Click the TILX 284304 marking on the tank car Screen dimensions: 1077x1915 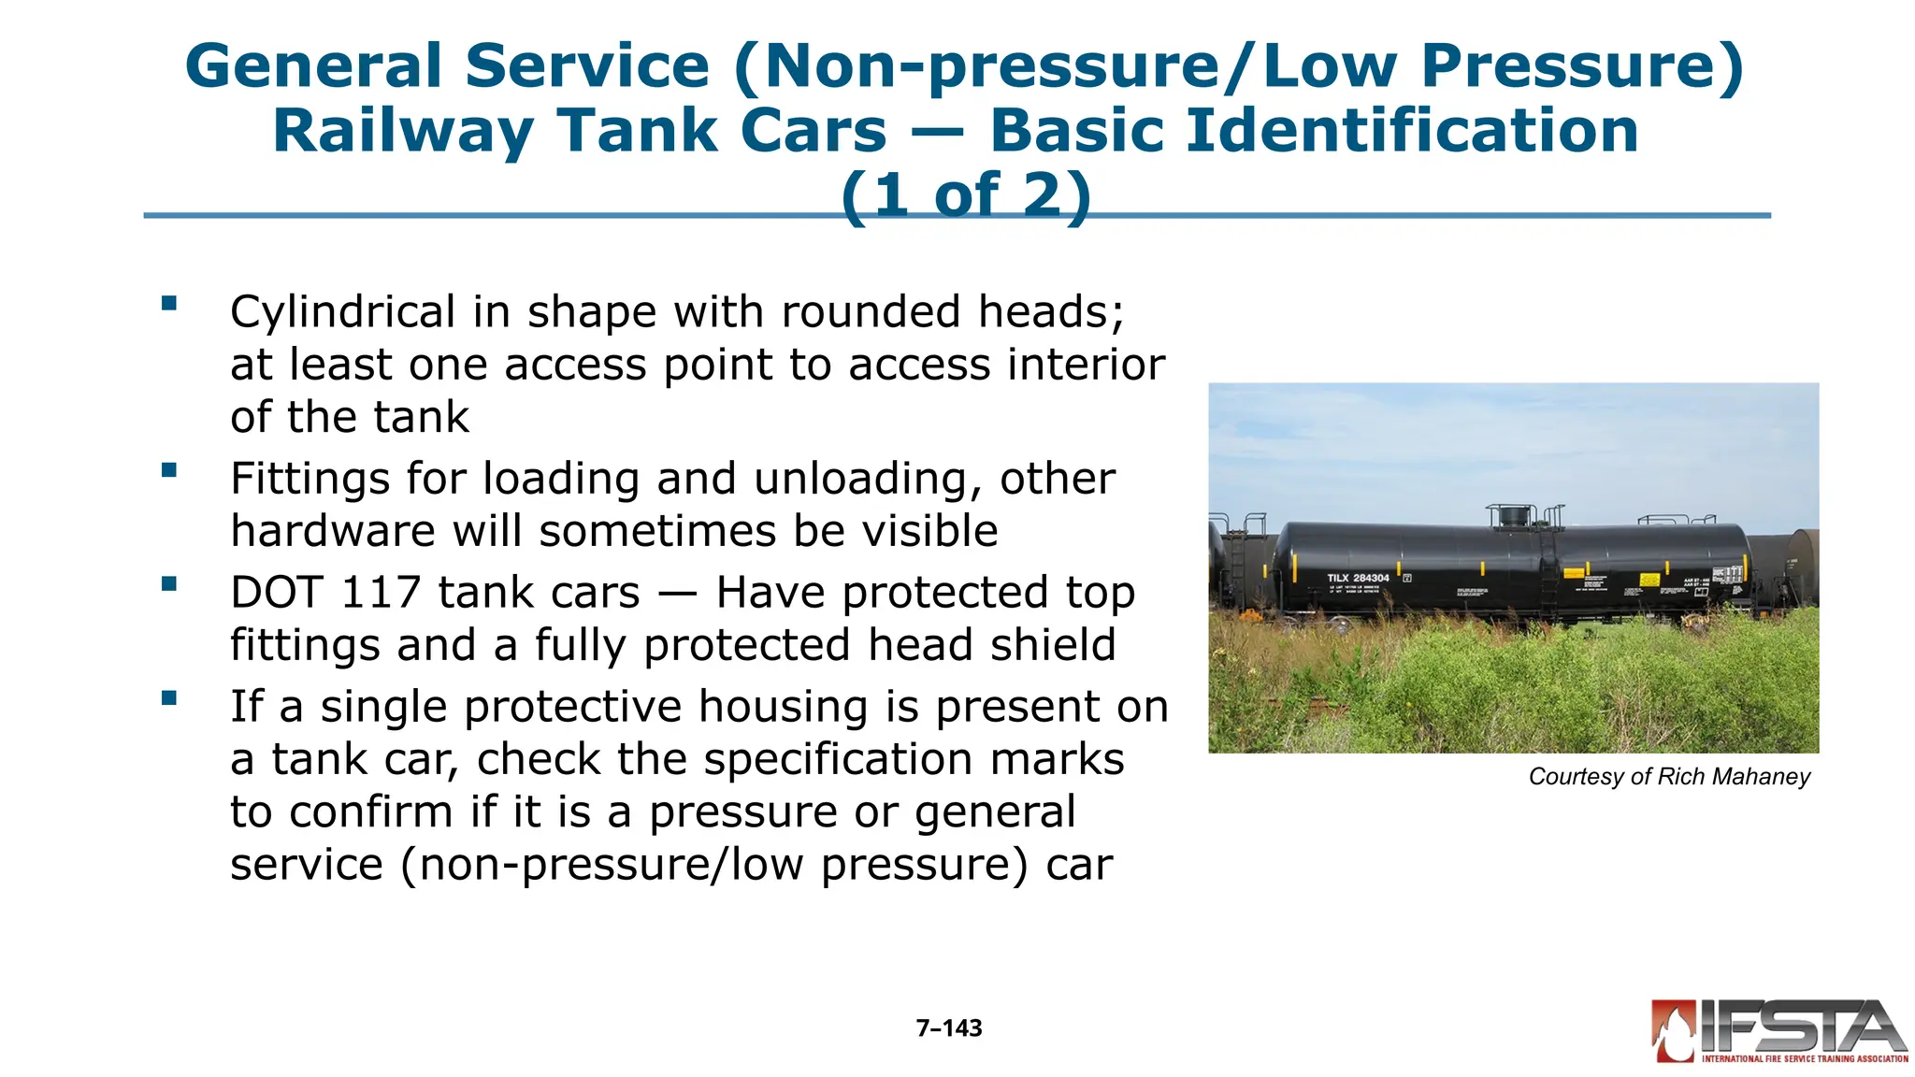point(1358,578)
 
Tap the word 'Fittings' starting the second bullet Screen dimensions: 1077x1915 point(310,479)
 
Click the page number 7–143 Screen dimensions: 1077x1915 point(949,1028)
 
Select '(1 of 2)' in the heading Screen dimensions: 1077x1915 point(966,194)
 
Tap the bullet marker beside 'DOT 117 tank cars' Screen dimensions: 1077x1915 point(169,584)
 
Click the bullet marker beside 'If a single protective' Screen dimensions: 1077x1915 point(169,697)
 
